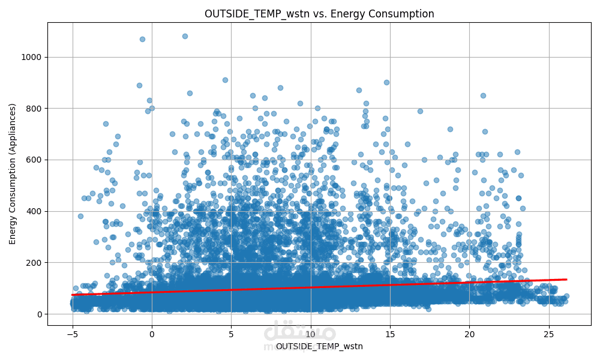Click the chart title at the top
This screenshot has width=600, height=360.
coord(319,14)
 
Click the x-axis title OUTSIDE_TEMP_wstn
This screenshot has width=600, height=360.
coord(319,346)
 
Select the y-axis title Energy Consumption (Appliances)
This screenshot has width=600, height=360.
coord(13,173)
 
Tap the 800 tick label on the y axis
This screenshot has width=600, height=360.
coord(35,109)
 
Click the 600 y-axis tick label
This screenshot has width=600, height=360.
coord(35,160)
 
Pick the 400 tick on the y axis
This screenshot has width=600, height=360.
coord(35,211)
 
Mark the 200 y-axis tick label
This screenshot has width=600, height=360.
coord(35,263)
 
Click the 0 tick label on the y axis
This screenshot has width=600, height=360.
coord(40,314)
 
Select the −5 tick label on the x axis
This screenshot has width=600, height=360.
coord(72,334)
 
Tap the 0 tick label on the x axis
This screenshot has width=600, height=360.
coord(152,334)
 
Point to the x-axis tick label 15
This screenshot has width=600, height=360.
coord(390,334)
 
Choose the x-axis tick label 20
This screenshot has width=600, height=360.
coord(470,334)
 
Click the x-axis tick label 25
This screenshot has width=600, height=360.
coord(549,334)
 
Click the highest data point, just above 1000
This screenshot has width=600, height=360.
coord(185,36)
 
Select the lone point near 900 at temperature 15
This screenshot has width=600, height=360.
coord(386,82)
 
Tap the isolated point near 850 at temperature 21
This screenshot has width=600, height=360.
coord(483,95)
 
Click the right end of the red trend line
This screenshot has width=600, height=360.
coord(566,279)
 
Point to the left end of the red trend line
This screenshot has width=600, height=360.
coord(72,295)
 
